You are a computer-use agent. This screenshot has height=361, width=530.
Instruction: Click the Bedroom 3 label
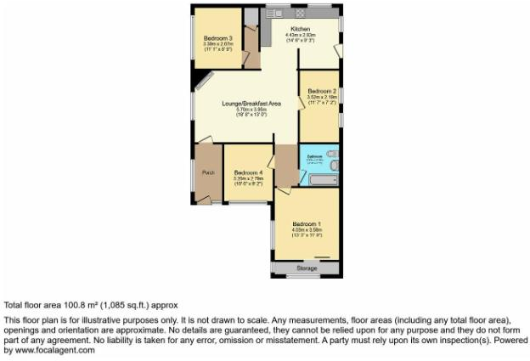pyautogui.click(x=218, y=39)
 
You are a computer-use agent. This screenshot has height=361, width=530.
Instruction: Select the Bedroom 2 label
pyautogui.click(x=322, y=91)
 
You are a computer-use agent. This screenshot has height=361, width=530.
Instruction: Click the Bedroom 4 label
pyautogui.click(x=248, y=172)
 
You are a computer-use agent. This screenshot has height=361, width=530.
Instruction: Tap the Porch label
pyautogui.click(x=207, y=173)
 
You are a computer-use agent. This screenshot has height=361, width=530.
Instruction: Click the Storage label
pyautogui.click(x=307, y=268)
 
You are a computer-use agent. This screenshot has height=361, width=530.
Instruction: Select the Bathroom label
pyautogui.click(x=313, y=156)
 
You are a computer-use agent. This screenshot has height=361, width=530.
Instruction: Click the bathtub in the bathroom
pyautogui.click(x=320, y=180)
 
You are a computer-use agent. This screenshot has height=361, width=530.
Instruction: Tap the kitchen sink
pyautogui.click(x=276, y=13)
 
